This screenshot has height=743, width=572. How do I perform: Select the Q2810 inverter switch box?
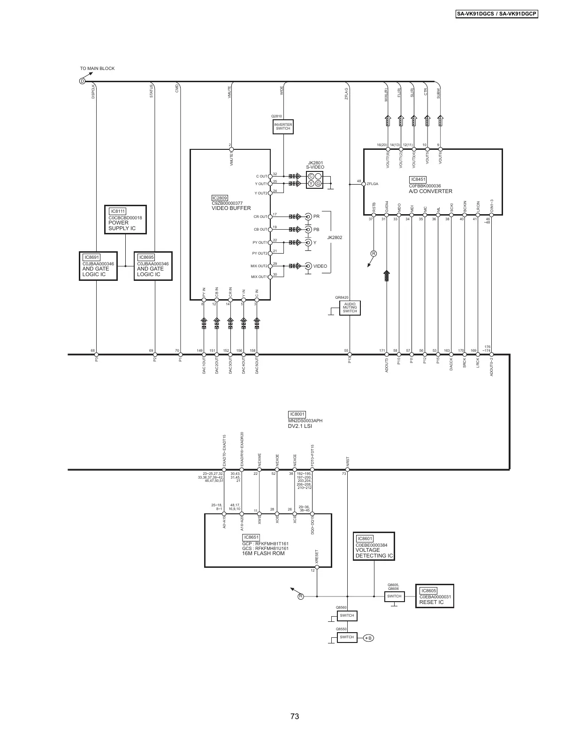283,127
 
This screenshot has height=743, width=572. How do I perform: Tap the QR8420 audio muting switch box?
350,308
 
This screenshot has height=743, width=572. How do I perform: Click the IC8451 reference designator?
418,179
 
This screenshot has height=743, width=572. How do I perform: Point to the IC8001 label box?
297,414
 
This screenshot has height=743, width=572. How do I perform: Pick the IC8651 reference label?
251,537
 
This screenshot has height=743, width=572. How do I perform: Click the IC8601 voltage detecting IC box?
374,547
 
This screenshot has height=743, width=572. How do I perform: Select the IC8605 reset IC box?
435,596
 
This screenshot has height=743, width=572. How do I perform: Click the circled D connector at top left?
82,81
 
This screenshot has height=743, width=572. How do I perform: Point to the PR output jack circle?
308,217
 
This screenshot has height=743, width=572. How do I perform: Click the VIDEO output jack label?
320,266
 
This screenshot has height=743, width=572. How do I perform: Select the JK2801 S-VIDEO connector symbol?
314,180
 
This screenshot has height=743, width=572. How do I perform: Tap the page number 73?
294,717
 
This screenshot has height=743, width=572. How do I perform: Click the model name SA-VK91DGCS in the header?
476,14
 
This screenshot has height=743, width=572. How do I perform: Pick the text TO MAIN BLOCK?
97,69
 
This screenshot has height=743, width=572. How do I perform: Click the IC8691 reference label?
92,257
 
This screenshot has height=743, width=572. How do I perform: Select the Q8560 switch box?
347,615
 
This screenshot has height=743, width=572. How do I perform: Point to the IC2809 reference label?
220,198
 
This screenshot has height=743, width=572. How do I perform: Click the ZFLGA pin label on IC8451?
372,184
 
